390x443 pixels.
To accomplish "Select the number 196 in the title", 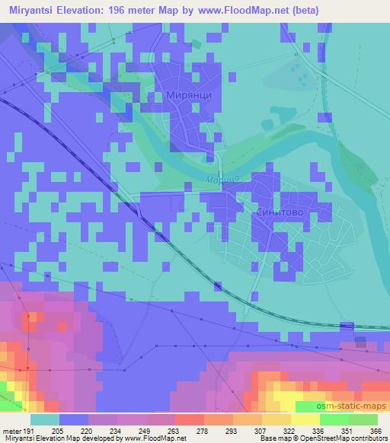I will pos(117,10).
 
